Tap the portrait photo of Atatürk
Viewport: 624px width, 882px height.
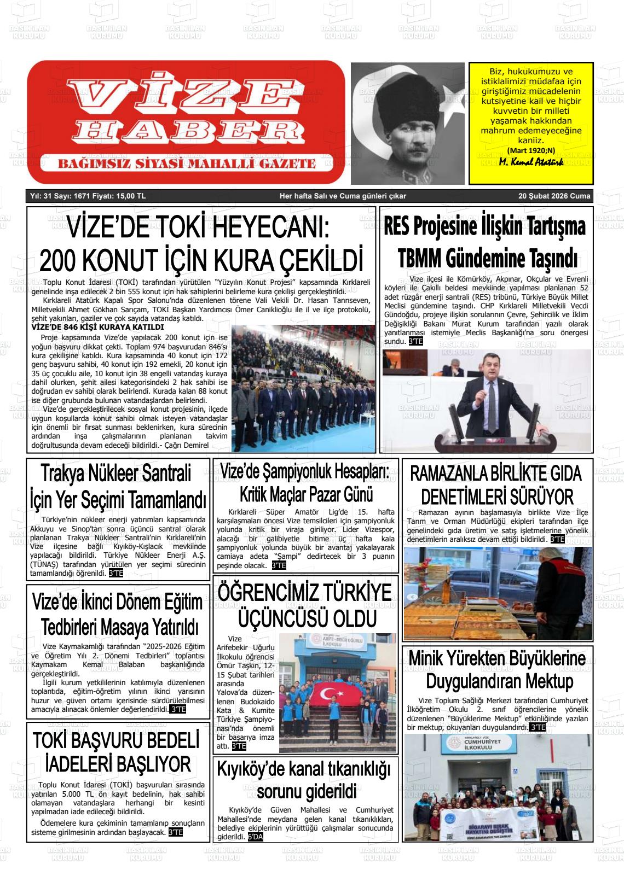[x=408, y=123]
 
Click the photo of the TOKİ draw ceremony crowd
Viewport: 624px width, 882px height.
[x=303, y=388]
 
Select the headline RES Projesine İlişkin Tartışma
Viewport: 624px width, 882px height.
[x=485, y=226]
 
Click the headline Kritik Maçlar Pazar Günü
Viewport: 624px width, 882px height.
[x=306, y=494]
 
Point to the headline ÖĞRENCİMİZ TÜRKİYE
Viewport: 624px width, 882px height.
[x=305, y=593]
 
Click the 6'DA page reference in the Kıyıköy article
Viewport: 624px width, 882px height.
[x=255, y=837]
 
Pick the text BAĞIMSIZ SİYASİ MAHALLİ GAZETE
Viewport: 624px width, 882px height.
[x=187, y=163]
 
